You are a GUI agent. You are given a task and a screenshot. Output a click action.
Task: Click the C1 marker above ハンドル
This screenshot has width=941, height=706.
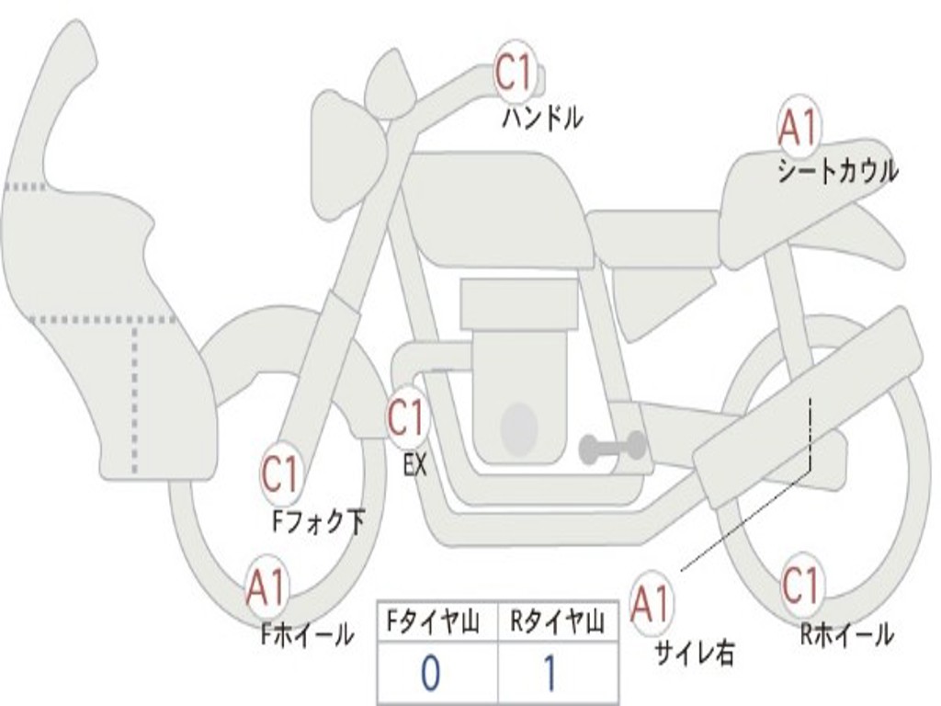pyautogui.click(x=515, y=72)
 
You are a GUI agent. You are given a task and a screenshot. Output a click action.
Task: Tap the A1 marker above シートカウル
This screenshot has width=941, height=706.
pyautogui.click(x=799, y=128)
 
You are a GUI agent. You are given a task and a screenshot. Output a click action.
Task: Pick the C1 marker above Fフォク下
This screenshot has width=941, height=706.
pyautogui.click(x=280, y=473)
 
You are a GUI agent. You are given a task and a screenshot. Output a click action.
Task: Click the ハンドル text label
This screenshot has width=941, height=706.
pyautogui.click(x=542, y=118)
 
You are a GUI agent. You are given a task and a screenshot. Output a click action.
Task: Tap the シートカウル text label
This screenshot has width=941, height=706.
pyautogui.click(x=838, y=171)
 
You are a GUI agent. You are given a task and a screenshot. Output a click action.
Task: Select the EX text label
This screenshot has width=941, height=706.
pyautogui.click(x=415, y=464)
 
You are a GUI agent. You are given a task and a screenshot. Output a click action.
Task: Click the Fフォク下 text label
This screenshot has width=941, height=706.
pyautogui.click(x=318, y=521)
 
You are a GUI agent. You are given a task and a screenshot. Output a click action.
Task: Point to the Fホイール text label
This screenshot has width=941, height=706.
pyautogui.click(x=307, y=634)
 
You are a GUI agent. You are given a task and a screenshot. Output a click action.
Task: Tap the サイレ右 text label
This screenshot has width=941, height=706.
pyautogui.click(x=695, y=653)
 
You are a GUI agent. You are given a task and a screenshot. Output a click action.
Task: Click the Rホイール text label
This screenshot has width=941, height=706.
pyautogui.click(x=846, y=634)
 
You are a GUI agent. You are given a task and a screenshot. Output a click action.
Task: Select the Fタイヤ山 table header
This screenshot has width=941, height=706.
pyautogui.click(x=434, y=621)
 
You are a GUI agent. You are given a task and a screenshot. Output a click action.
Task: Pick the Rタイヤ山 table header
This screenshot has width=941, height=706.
pyautogui.click(x=557, y=621)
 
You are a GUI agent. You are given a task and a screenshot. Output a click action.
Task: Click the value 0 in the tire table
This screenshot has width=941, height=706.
pyautogui.click(x=430, y=673)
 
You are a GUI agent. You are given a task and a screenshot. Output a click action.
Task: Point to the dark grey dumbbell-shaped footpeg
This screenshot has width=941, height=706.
pyautogui.click(x=613, y=447)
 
